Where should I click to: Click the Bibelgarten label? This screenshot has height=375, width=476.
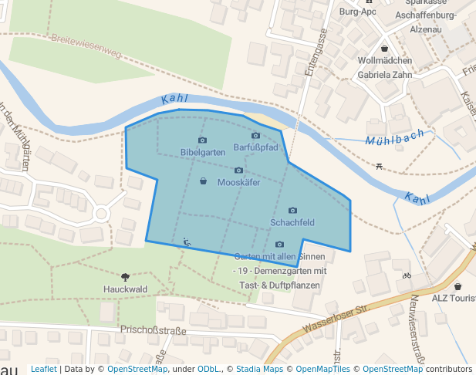tap(203, 152)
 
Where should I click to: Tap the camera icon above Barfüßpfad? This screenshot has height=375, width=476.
tap(255, 136)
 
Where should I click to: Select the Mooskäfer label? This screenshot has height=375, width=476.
tap(238, 183)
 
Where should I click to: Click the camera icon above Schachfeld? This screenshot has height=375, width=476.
tap(292, 211)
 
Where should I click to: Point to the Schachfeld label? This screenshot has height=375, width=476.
tap(292, 223)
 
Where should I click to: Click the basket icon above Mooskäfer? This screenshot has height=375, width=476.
tap(203, 181)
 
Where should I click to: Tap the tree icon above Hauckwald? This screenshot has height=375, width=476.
tap(125, 276)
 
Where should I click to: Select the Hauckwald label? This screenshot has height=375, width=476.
tap(125, 289)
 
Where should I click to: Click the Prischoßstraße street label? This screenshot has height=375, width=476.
tap(154, 330)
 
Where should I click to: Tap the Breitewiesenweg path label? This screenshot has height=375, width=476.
tap(86, 46)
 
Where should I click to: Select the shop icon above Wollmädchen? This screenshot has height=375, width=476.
tap(386, 47)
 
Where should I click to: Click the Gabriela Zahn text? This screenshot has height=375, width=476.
tap(386, 75)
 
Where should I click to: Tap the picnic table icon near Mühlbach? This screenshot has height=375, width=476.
tap(379, 166)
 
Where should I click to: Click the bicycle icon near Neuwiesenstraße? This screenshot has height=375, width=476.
tap(407, 275)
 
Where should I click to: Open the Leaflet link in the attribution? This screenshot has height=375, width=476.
tap(43, 369)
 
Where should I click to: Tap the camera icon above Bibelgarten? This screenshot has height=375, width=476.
tap(202, 140)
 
